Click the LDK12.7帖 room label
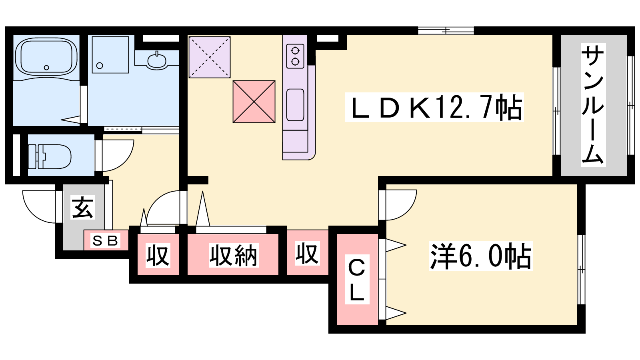434,107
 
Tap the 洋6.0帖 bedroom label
481,256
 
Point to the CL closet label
357,279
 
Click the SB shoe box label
105,240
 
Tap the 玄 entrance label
83,208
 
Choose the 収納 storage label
234,255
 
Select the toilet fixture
50,156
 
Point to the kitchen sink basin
295,105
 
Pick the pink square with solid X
254,102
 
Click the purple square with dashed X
210,57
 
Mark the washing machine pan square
110,54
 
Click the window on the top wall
446,30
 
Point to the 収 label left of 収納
158,255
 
